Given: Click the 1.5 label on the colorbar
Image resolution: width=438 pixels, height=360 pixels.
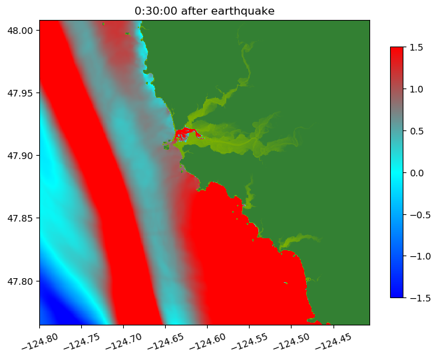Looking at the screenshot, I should point(418,47).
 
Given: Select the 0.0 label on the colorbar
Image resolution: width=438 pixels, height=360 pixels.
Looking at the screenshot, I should point(418,172).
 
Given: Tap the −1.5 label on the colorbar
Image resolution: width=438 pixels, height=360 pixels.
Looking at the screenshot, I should point(415,297).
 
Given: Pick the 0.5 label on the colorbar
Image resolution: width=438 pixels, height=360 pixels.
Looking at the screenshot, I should point(418,130).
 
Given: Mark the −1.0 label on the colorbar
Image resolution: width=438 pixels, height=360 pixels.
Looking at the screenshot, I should point(415,256).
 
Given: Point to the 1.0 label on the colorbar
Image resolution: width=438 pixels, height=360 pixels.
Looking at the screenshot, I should point(418,89).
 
